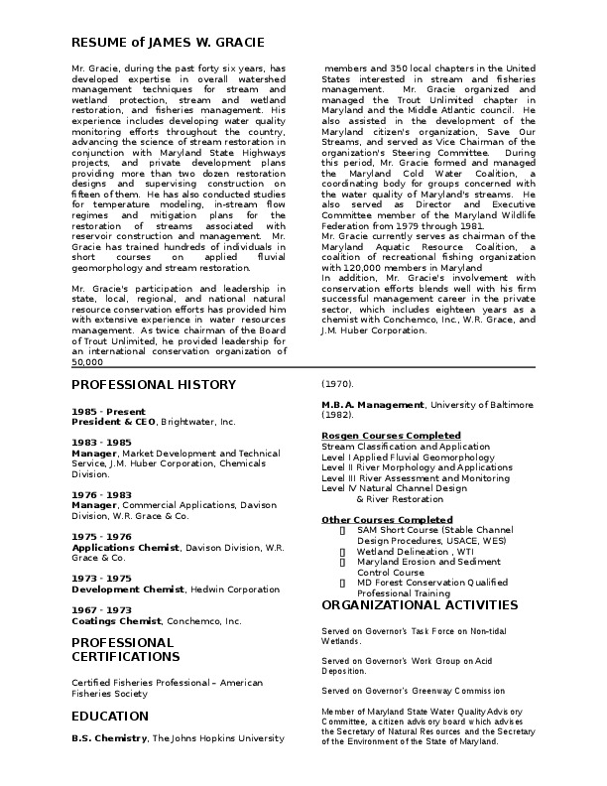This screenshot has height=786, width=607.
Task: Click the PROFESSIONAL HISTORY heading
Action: pos(154,384)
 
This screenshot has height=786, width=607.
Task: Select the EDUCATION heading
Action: pos(110,716)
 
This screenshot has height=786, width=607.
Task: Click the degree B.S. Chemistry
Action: pos(109,738)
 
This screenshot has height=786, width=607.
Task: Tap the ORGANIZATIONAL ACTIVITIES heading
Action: pos(421,604)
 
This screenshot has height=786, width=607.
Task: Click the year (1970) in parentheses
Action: pos(337,384)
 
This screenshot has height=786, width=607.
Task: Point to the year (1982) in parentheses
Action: pos(337,415)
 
